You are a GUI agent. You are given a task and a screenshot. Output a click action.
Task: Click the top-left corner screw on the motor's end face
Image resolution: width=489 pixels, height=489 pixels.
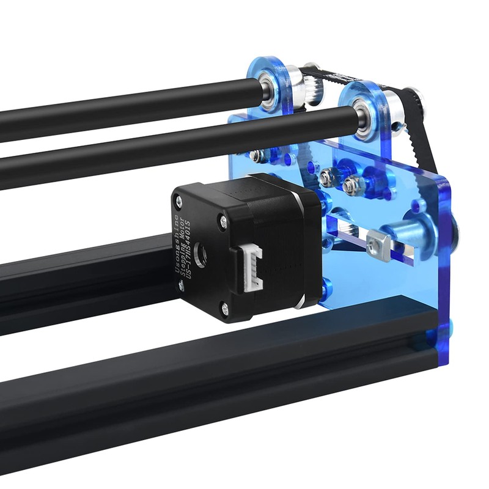178,199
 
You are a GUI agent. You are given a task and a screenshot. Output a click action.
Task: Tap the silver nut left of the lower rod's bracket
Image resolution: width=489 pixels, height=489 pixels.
257,155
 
